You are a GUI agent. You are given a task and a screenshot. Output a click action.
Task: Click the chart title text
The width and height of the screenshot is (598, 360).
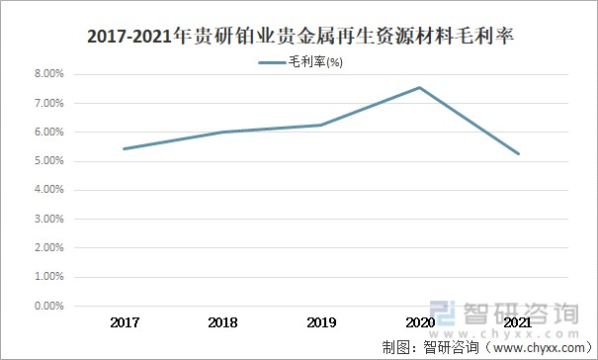tap(299, 38)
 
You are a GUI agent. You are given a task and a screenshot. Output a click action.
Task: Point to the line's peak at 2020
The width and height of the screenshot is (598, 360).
tap(419, 87)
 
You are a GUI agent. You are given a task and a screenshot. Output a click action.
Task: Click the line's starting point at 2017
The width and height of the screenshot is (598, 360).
tap(125, 148)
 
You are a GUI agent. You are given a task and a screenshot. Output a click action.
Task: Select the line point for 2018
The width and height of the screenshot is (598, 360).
tap(223, 132)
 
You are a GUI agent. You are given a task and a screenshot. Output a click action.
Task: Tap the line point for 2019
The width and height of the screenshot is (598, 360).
tap(321, 125)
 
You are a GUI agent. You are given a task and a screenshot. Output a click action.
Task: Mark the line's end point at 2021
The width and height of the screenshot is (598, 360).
tap(518, 153)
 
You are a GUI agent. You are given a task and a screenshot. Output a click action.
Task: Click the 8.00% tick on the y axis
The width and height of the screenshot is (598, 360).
tap(48, 74)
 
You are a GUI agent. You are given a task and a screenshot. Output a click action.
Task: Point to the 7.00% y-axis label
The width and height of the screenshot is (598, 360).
tap(48, 103)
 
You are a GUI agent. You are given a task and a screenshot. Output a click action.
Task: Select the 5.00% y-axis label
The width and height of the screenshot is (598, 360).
tap(48, 161)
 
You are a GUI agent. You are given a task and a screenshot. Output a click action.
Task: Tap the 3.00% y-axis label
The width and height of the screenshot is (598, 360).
tap(48, 220)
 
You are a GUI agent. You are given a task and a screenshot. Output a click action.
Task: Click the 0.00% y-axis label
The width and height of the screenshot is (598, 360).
tap(48, 307)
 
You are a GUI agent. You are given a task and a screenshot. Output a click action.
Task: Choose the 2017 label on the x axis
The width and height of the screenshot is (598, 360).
tap(125, 322)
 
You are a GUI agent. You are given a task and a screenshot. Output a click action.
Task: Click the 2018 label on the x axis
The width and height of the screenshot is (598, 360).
tap(223, 322)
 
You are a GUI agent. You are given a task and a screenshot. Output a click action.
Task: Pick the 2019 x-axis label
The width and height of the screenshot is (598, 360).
tap(321, 322)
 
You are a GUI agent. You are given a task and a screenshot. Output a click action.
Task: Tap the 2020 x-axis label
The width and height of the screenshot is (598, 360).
tap(419, 322)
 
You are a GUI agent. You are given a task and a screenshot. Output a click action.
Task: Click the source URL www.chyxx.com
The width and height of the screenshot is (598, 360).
tap(534, 347)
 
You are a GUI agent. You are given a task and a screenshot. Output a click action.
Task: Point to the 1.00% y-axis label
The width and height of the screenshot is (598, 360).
tap(48, 278)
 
